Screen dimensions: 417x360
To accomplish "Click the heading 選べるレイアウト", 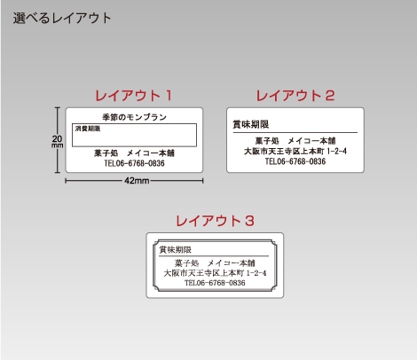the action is tap(62, 18).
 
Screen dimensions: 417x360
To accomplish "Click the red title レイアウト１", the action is tap(133, 96).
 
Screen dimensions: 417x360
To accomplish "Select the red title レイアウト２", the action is tap(295, 96).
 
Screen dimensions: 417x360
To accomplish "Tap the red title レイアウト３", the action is tap(215, 221).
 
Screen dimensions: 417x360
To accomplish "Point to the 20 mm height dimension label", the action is tap(57, 141).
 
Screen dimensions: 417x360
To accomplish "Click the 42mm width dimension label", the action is tap(137, 181).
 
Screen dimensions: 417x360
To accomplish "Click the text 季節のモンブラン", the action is tap(135, 117).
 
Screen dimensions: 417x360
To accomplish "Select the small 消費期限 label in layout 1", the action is tap(88, 129).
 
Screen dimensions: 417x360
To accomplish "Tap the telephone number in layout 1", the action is tap(134, 163).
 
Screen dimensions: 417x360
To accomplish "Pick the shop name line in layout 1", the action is tap(134, 153).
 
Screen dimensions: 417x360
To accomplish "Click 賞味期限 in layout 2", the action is tap(251, 124).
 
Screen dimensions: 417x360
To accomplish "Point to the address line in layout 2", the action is tap(295, 152).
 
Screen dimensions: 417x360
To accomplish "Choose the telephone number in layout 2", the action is tap(295, 161).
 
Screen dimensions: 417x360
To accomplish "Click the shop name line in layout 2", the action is tap(295, 141).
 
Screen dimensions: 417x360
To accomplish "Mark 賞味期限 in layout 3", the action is tap(176, 250).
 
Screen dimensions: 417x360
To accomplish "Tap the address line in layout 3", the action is tap(215, 273).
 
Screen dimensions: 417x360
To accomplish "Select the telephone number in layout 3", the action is tap(215, 283).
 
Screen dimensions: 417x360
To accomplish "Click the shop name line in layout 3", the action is tap(215, 263).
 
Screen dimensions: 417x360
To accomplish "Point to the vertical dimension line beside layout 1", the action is tap(58, 140).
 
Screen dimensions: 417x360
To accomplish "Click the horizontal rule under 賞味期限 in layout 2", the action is tap(295, 133).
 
